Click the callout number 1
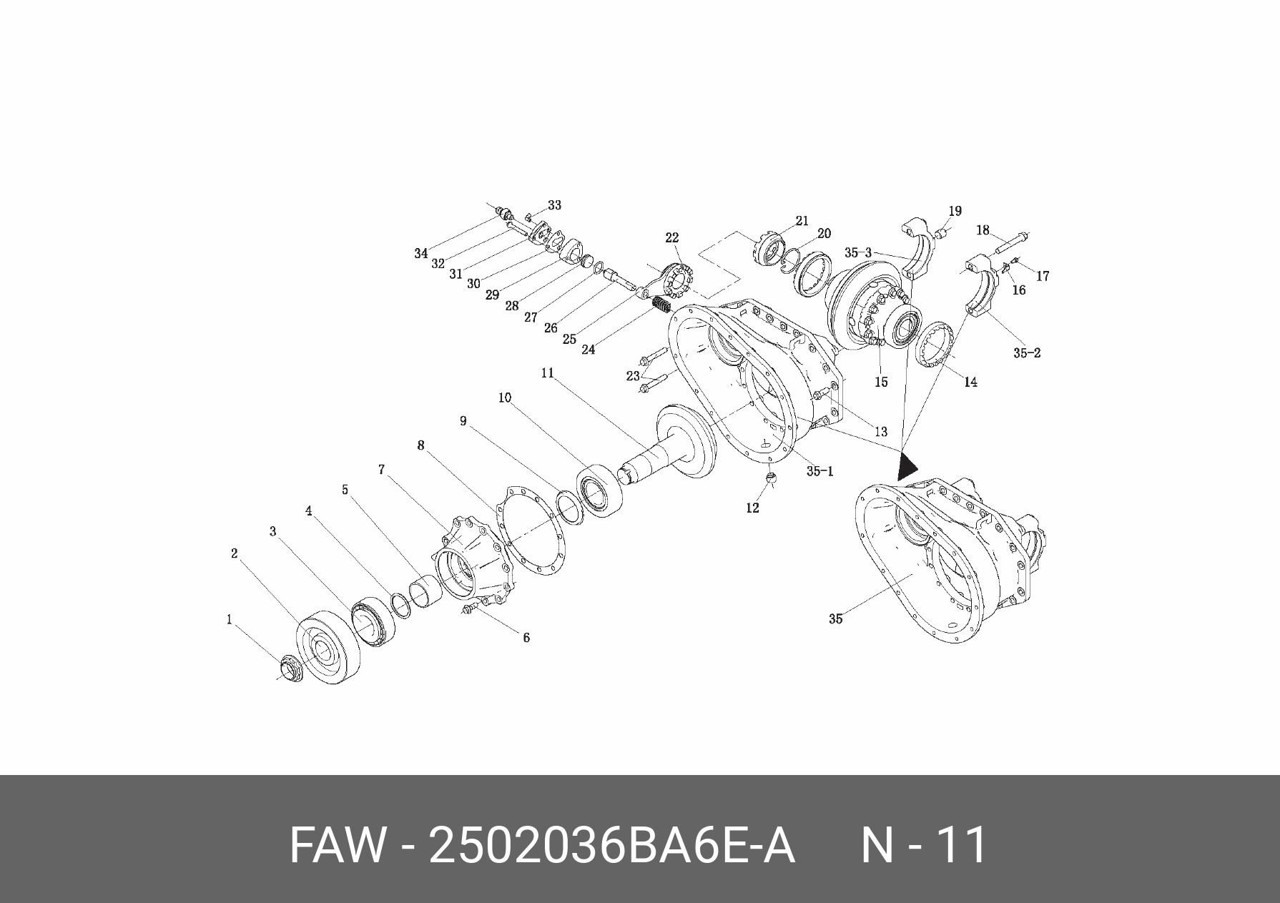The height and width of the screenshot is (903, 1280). (x=229, y=619)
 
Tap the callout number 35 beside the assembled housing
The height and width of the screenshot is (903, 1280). (x=835, y=619)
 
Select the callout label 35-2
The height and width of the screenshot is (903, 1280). (x=1027, y=352)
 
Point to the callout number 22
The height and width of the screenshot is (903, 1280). (x=671, y=237)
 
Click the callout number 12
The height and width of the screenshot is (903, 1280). (x=752, y=508)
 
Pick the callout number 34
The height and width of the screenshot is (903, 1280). (x=420, y=253)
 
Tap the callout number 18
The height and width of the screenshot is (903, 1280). (x=983, y=230)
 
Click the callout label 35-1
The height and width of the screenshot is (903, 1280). (x=819, y=471)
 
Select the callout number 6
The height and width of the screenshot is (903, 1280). (x=526, y=637)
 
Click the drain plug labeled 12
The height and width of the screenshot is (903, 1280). (x=769, y=478)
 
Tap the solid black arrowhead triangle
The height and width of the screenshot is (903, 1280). (x=907, y=466)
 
